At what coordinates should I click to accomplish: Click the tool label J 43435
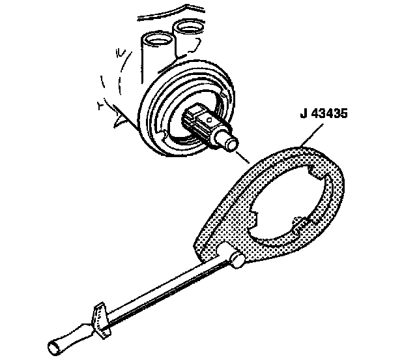coord(324,113)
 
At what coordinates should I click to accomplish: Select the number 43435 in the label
coord(330,113)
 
